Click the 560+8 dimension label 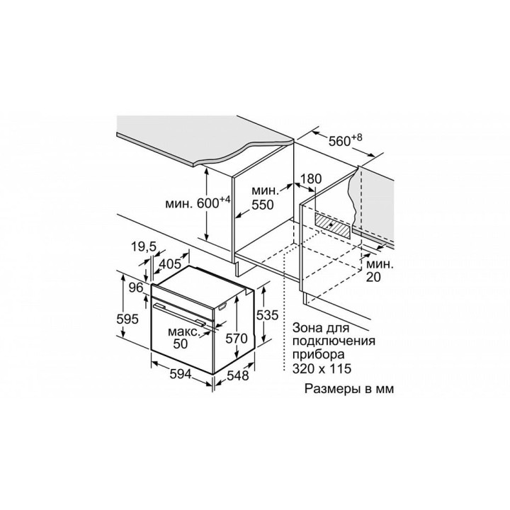[x=345, y=140]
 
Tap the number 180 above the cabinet [x=311, y=179]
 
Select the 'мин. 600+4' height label [x=198, y=203]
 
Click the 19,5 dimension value [x=144, y=247]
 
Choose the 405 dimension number [x=169, y=263]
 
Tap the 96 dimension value [x=136, y=288]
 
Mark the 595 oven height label [x=127, y=319]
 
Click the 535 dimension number [x=267, y=314]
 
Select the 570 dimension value [x=237, y=339]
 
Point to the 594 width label [x=181, y=375]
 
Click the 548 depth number [x=237, y=375]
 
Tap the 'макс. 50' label [x=183, y=338]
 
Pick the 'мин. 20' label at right [x=380, y=271]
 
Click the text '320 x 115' [x=322, y=368]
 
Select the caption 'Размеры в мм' [x=349, y=389]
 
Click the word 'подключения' [x=334, y=341]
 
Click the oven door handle [x=179, y=314]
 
